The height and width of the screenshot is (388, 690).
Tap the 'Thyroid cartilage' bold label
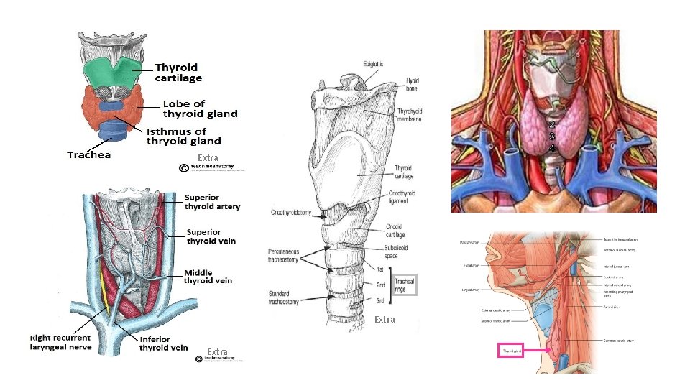click(179, 73)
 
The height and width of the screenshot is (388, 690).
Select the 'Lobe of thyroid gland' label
click(200, 108)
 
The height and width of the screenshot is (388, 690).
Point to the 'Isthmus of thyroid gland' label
click(183, 136)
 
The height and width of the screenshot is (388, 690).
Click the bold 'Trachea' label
click(88, 154)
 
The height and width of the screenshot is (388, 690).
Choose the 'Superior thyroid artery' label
click(213, 201)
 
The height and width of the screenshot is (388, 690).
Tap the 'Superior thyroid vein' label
click(211, 236)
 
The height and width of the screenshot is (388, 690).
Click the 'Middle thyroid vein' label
click(208, 276)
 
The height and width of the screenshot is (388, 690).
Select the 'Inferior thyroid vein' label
click(163, 343)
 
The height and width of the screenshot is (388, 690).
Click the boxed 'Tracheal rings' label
click(405, 285)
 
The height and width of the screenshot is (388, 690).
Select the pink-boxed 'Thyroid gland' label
click(511, 351)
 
